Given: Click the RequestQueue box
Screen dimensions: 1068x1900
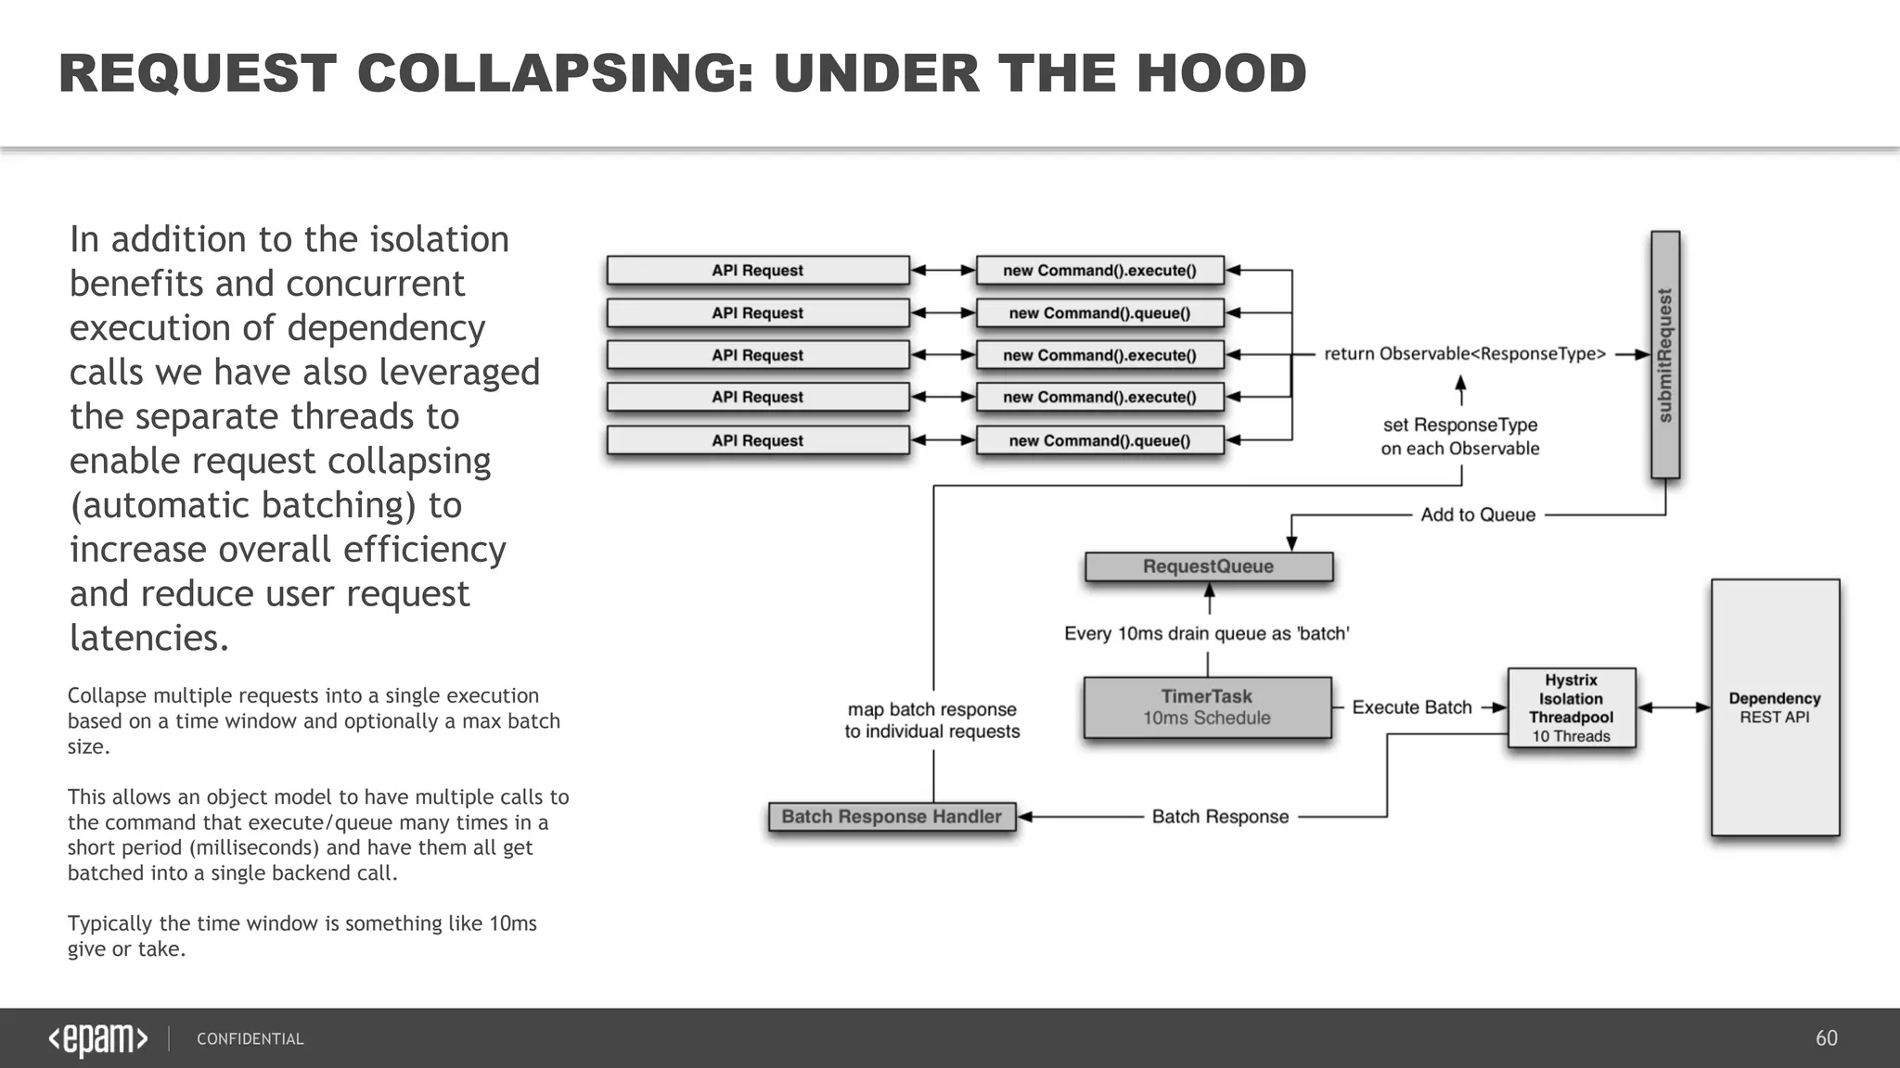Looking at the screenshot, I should click(1208, 566).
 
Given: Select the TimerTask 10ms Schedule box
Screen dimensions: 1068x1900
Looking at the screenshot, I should click(1207, 707).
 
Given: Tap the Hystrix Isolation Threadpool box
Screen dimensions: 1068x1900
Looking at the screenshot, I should click(1571, 708).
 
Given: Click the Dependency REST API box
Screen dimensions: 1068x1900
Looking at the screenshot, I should click(1775, 707).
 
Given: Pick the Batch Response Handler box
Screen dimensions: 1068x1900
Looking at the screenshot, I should click(892, 817).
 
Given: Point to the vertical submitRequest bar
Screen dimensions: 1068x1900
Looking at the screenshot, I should click(1665, 354).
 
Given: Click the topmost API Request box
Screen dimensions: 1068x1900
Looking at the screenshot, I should click(757, 271).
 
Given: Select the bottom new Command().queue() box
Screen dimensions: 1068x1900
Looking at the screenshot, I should click(1099, 440).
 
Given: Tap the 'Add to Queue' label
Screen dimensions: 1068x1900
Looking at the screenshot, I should click(1478, 515).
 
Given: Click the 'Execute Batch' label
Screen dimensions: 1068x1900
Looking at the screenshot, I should click(1412, 707).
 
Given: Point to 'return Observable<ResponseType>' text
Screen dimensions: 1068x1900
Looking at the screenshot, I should click(1465, 354).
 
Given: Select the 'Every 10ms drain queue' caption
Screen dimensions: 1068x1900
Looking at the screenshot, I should click(1206, 634).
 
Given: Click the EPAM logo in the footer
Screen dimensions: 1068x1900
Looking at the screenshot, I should click(97, 1039).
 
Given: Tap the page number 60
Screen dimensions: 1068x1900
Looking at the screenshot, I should click(1826, 1038).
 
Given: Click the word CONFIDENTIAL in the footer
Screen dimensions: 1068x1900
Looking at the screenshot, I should click(250, 1039).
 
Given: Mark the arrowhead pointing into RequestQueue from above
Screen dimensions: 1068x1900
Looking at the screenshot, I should click(1291, 544).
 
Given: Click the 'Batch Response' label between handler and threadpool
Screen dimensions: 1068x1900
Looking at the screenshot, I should click(1220, 817).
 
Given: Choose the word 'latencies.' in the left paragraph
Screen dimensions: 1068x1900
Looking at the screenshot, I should click(149, 638).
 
